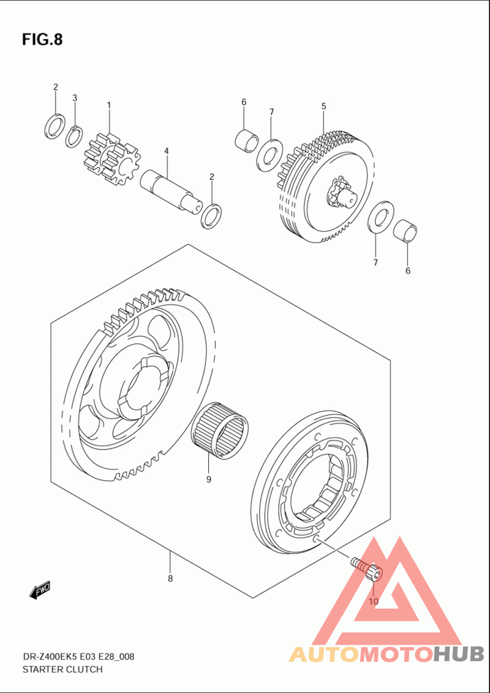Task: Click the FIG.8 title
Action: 42,40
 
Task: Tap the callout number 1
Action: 109,105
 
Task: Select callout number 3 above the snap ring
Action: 75,98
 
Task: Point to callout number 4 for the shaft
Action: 166,151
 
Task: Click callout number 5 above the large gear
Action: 323,106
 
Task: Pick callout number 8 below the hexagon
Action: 170,578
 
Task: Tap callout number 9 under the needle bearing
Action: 208,479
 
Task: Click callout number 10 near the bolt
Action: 374,601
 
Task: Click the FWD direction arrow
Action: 40,590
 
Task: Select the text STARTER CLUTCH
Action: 62,669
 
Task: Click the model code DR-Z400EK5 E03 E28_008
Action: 78,657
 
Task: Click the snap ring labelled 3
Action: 74,136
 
